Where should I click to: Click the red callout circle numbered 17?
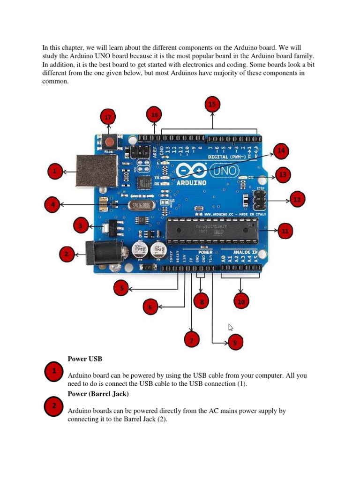108,117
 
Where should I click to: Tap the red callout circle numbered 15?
212,104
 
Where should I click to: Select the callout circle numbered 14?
281,151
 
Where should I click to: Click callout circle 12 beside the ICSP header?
297,200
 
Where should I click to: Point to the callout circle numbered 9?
235,343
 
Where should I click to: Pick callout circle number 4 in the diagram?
52,204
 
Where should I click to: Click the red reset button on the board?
110,141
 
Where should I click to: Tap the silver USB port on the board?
96,171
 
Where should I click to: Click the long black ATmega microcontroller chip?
212,231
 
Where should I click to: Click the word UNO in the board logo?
226,170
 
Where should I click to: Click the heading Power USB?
85,359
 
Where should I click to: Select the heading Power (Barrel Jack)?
98,394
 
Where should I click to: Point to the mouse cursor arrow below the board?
231,327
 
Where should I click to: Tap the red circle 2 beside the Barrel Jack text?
54,406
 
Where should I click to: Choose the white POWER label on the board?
205,252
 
